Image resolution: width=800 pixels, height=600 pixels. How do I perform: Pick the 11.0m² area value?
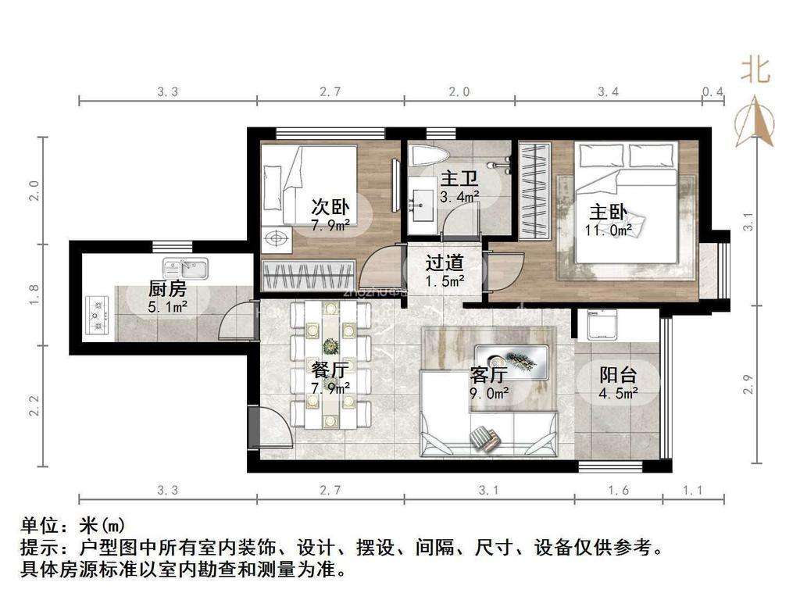click(608, 230)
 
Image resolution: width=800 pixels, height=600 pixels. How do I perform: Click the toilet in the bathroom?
click(429, 153)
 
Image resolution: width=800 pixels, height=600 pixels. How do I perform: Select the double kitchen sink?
click(185, 269)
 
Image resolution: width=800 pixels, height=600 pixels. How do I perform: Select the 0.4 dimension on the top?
click(712, 92)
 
